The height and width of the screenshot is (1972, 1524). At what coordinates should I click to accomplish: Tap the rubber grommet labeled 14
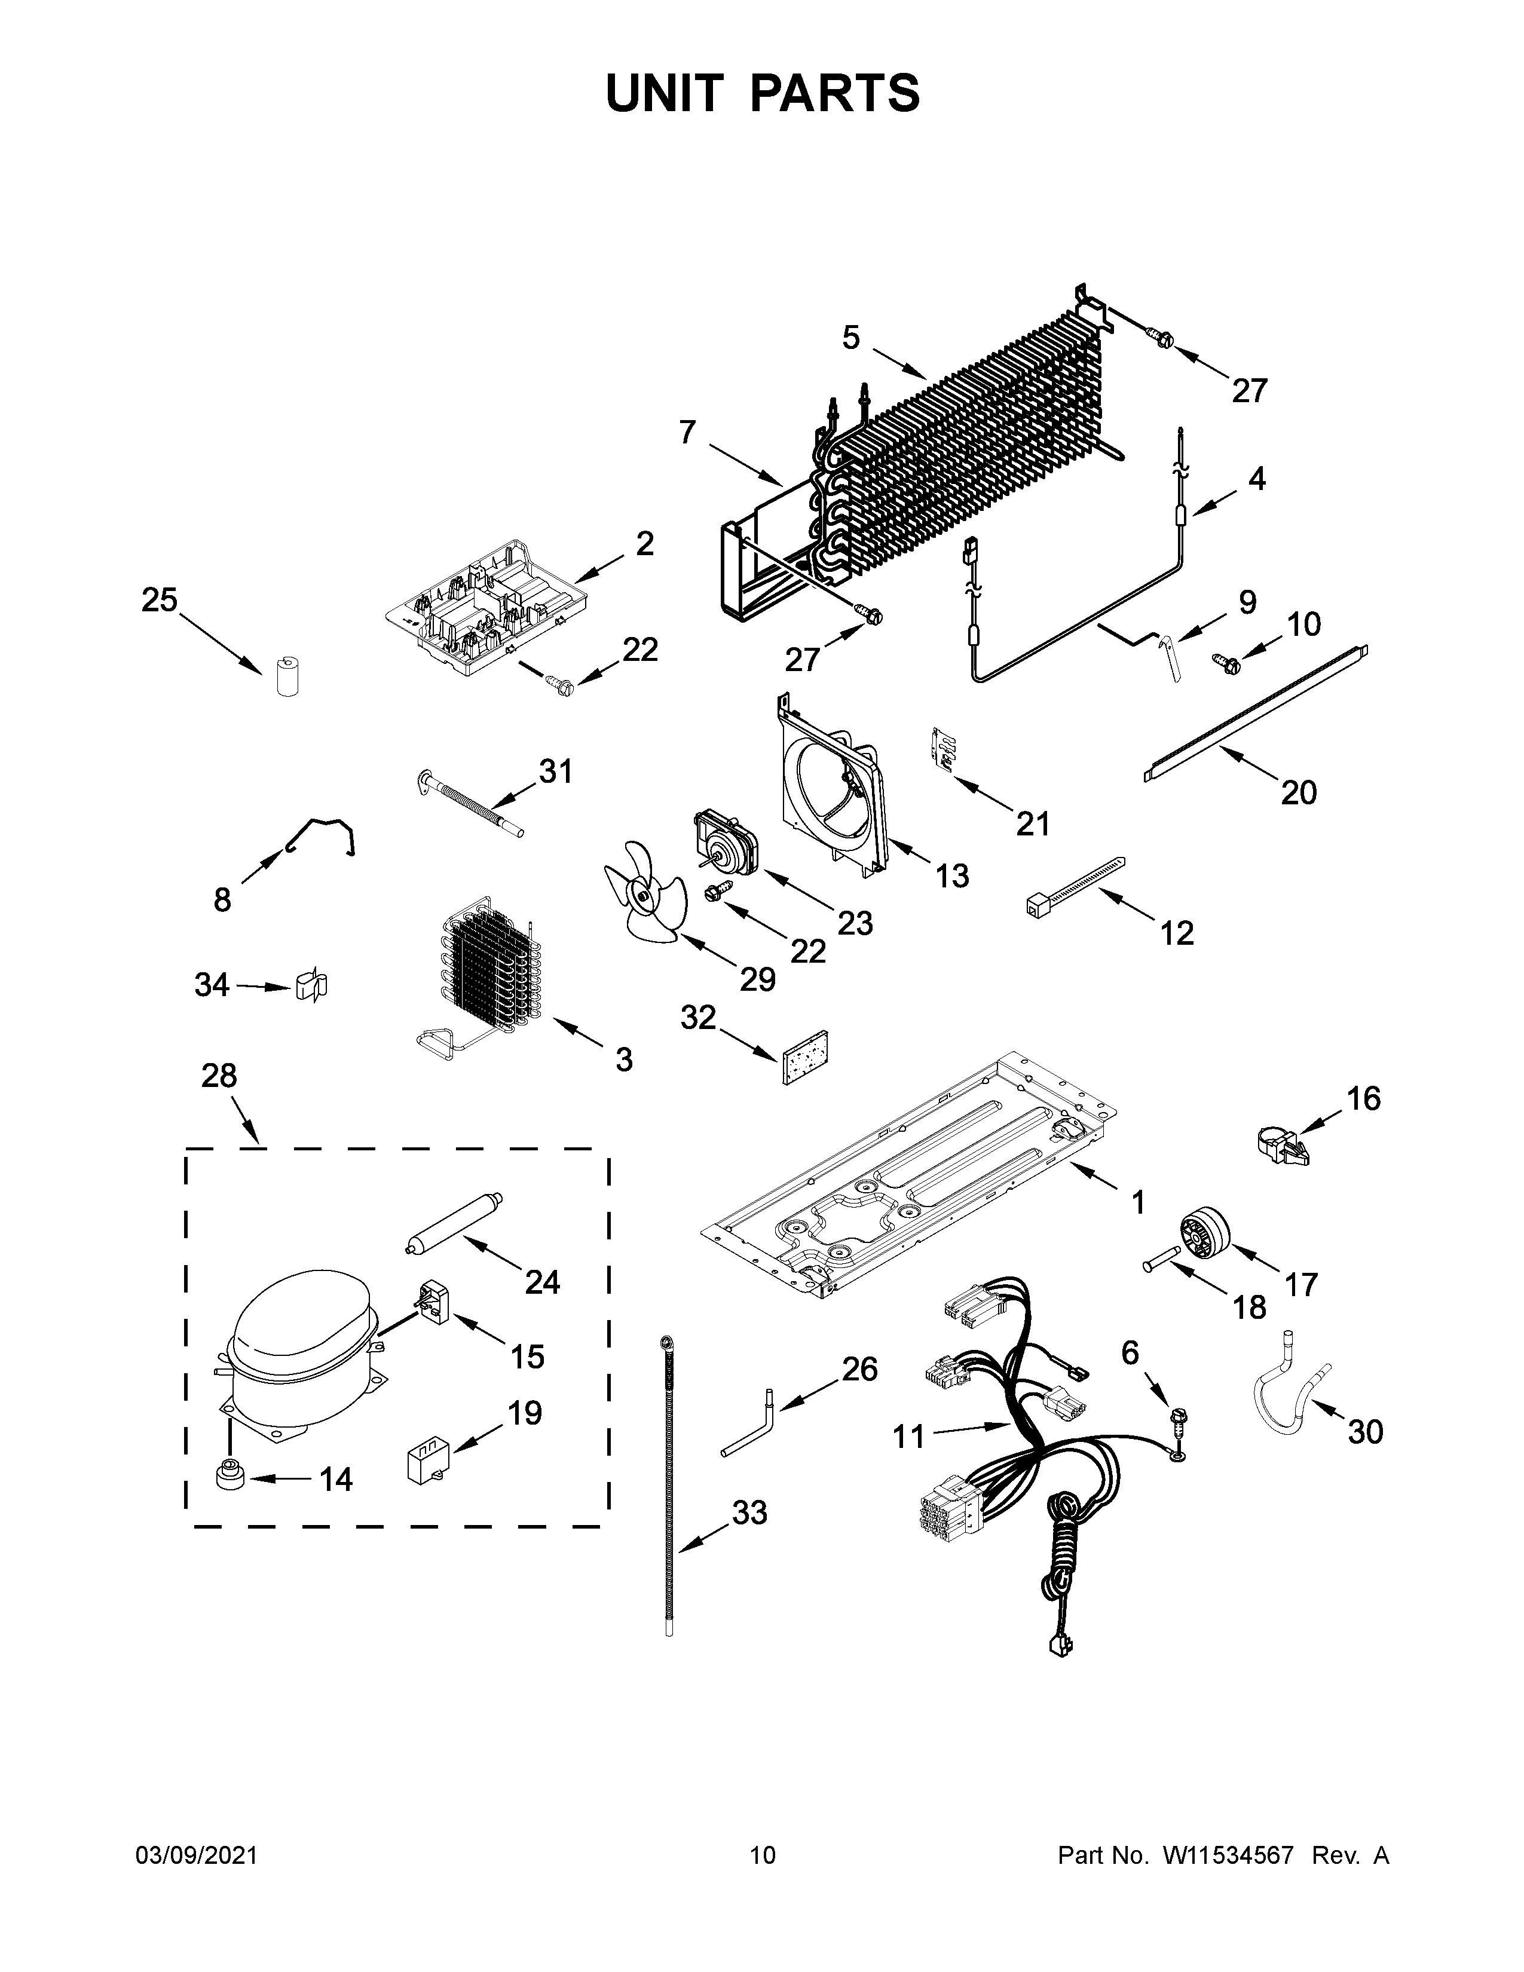229,1477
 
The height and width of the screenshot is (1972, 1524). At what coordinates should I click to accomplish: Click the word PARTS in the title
835,94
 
